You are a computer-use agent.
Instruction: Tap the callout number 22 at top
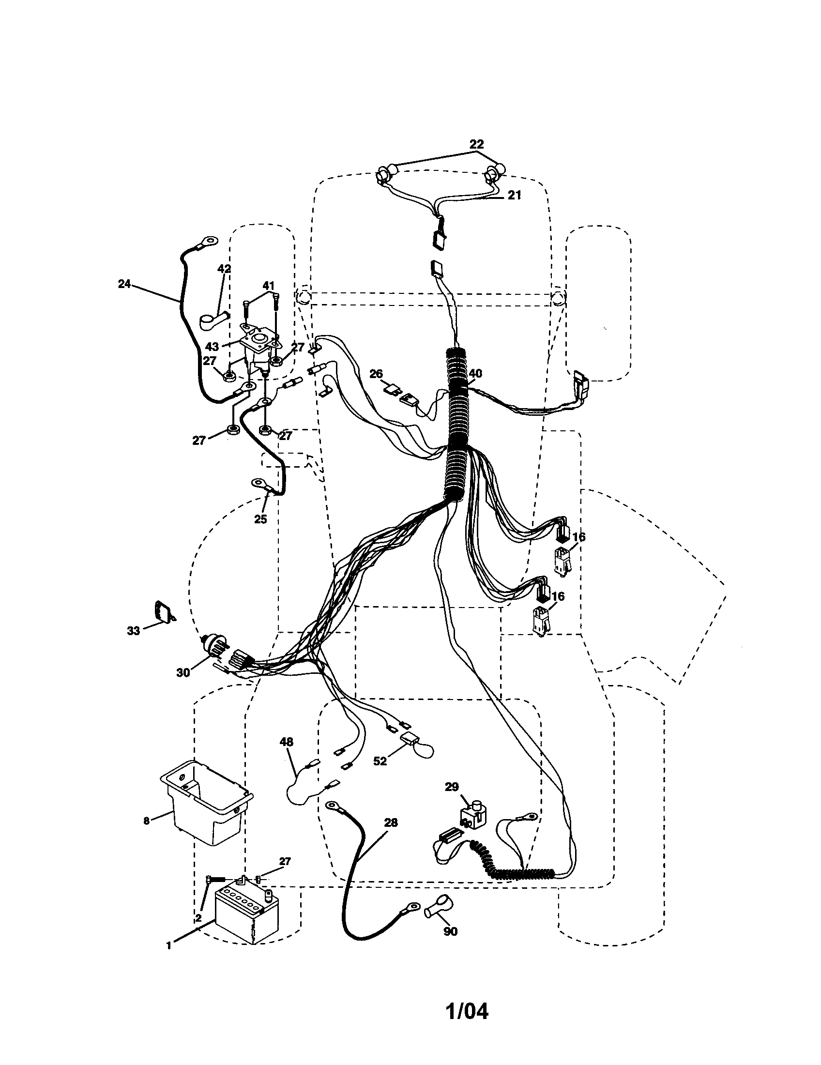(476, 144)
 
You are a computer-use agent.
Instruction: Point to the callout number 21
(515, 195)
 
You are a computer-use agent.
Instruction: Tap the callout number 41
(269, 286)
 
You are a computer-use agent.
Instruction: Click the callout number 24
(124, 283)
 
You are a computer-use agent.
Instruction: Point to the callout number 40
(475, 374)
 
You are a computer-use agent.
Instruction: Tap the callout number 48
(287, 742)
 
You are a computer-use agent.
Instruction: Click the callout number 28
(391, 823)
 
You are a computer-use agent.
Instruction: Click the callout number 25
(260, 519)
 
